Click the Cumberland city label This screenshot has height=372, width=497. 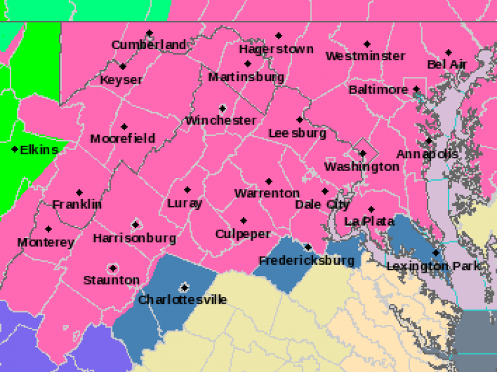tap(148, 45)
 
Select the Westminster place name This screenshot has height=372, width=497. tap(365, 56)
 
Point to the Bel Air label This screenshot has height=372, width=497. tap(447, 64)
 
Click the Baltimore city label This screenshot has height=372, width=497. tap(378, 90)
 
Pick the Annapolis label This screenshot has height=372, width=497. tap(427, 154)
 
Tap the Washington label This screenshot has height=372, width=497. tap(362, 167)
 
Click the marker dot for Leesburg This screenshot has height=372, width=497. tap(299, 120)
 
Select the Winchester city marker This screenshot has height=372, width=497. tap(222, 108)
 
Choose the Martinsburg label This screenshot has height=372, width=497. tap(246, 77)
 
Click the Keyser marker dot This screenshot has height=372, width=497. tap(123, 66)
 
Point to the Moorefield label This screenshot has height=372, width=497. tap(122, 139)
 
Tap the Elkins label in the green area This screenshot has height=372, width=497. tap(39, 150)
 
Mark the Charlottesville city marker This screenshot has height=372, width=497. tap(184, 287)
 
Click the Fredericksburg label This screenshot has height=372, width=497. tap(306, 260)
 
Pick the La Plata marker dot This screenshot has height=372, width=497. tap(371, 210)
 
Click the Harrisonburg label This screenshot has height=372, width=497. tap(134, 238)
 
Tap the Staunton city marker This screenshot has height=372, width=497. tap(113, 268)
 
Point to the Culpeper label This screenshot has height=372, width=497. tap(243, 234)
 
